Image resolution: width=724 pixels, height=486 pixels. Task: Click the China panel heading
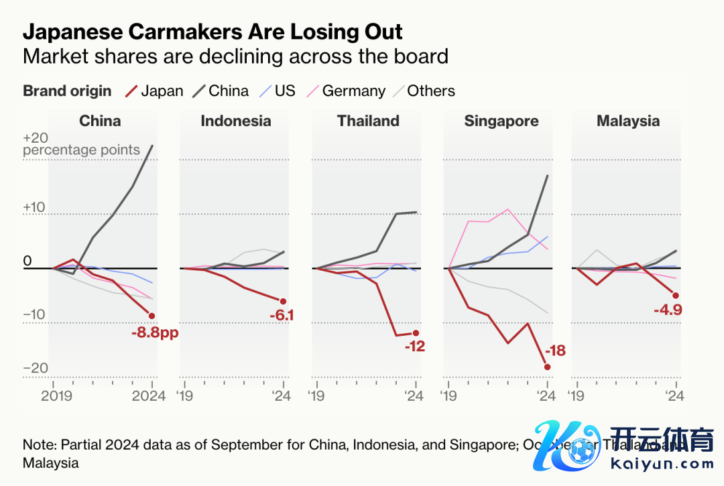pyautogui.click(x=100, y=121)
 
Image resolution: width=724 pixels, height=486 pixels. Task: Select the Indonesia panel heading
pyautogui.click(x=236, y=121)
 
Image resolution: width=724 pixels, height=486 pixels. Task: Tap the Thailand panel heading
pyautogui.click(x=368, y=121)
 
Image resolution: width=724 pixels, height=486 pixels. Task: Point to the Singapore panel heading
pyautogui.click(x=501, y=121)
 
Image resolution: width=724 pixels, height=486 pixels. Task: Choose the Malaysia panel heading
pyautogui.click(x=628, y=121)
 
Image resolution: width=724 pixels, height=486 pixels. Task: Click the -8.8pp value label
pyautogui.click(x=156, y=331)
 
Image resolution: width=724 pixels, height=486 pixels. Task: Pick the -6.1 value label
pyautogui.click(x=281, y=316)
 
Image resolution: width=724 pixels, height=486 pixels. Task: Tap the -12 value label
pyautogui.click(x=415, y=347)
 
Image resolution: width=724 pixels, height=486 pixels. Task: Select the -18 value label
pyautogui.click(x=556, y=351)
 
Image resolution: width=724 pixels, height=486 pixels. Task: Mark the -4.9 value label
pyautogui.click(x=668, y=310)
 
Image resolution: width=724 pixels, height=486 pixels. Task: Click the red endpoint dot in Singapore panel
pyautogui.click(x=548, y=367)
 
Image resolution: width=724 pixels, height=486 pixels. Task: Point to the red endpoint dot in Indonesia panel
pyautogui.click(x=283, y=302)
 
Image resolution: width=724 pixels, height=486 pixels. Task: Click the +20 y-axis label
pyautogui.click(x=36, y=137)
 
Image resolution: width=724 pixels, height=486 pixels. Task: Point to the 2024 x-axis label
pyautogui.click(x=149, y=396)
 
